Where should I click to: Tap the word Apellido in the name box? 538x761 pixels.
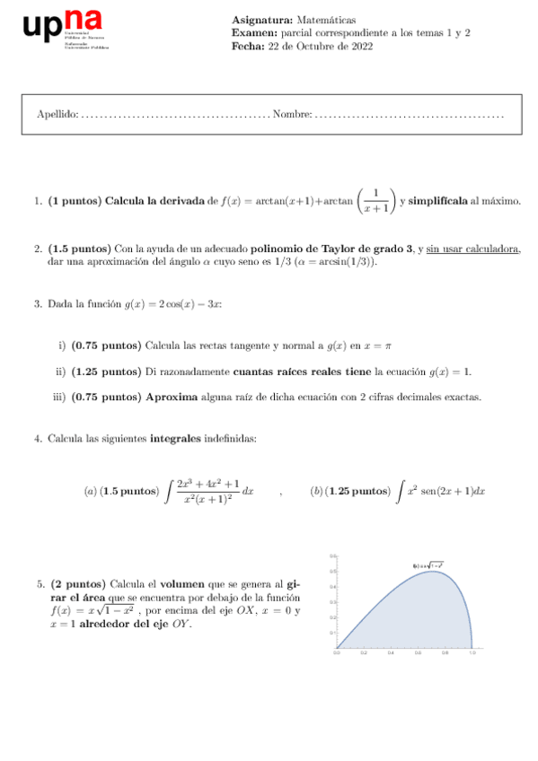coord(57,115)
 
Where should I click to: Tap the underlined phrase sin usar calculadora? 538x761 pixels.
coord(472,249)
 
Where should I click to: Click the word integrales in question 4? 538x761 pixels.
coord(177,439)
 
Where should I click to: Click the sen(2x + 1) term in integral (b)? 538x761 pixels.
coord(445,492)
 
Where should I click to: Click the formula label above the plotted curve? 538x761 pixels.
coord(429,565)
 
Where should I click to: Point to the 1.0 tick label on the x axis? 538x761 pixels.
coord(472,654)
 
